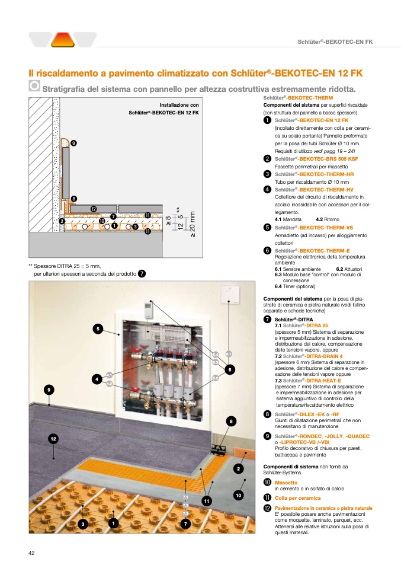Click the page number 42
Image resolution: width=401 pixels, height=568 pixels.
[32, 553]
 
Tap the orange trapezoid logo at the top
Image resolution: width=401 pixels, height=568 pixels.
[62, 40]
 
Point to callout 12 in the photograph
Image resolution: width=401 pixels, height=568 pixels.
[53, 438]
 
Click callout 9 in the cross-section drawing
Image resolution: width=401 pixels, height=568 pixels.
[73, 143]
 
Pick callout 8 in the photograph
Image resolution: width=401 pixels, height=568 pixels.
[231, 421]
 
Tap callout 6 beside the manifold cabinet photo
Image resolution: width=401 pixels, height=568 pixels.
[230, 369]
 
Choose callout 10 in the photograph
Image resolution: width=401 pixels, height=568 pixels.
[239, 494]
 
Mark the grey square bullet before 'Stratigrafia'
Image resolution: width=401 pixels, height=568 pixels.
[35, 87]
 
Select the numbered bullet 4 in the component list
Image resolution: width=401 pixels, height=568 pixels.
[268, 189]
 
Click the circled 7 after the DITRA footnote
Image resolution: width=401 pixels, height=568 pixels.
[142, 273]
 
